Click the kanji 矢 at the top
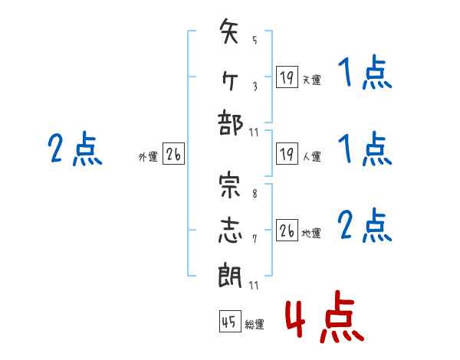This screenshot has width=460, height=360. tap(228, 31)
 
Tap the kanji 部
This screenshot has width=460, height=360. tap(230, 123)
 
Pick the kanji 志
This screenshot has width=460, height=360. tap(230, 231)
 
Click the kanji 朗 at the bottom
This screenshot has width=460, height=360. tap(230, 275)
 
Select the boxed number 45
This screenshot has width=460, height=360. tap(230, 321)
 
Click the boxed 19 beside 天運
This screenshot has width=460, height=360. tap(287, 77)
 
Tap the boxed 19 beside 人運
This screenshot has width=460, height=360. tap(287, 154)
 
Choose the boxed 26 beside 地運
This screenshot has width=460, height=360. tap(287, 230)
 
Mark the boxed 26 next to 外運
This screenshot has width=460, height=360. tap(173, 154)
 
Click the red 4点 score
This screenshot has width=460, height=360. tap(325, 316)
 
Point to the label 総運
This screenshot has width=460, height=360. tap(255, 324)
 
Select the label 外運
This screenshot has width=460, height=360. tap(148, 157)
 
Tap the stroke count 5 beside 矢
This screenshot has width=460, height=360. tap(255, 40)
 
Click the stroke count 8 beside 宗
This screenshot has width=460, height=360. tap(255, 194)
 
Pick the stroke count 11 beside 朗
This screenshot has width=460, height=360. tap(254, 285)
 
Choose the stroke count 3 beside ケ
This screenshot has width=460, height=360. tap(255, 87)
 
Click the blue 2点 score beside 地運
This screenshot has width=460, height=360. tap(364, 225)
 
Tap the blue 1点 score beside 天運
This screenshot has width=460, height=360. tap(365, 72)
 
